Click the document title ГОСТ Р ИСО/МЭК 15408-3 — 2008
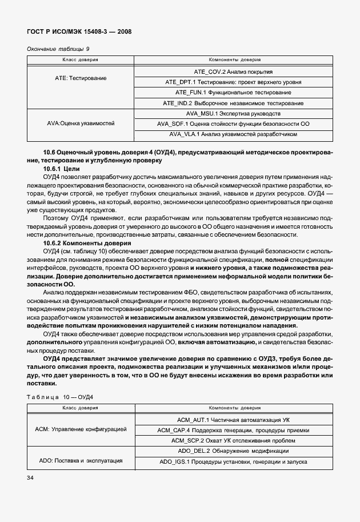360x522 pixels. pyautogui.click(x=79, y=31)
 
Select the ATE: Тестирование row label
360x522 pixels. pyautogui.click(x=80, y=77)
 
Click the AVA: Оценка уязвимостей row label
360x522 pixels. pyautogui.click(x=80, y=123)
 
